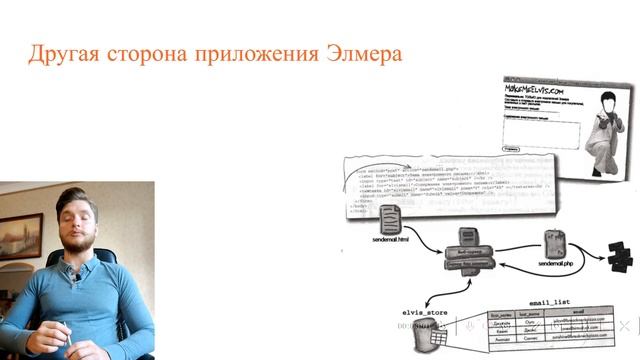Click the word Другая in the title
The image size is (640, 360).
tap(62, 53)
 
